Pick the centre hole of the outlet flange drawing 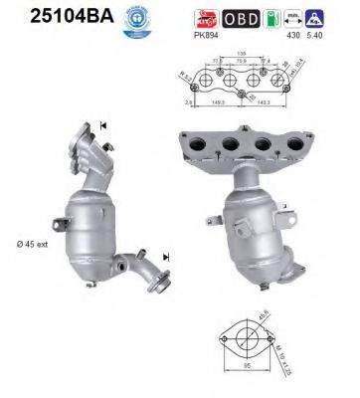245,348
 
